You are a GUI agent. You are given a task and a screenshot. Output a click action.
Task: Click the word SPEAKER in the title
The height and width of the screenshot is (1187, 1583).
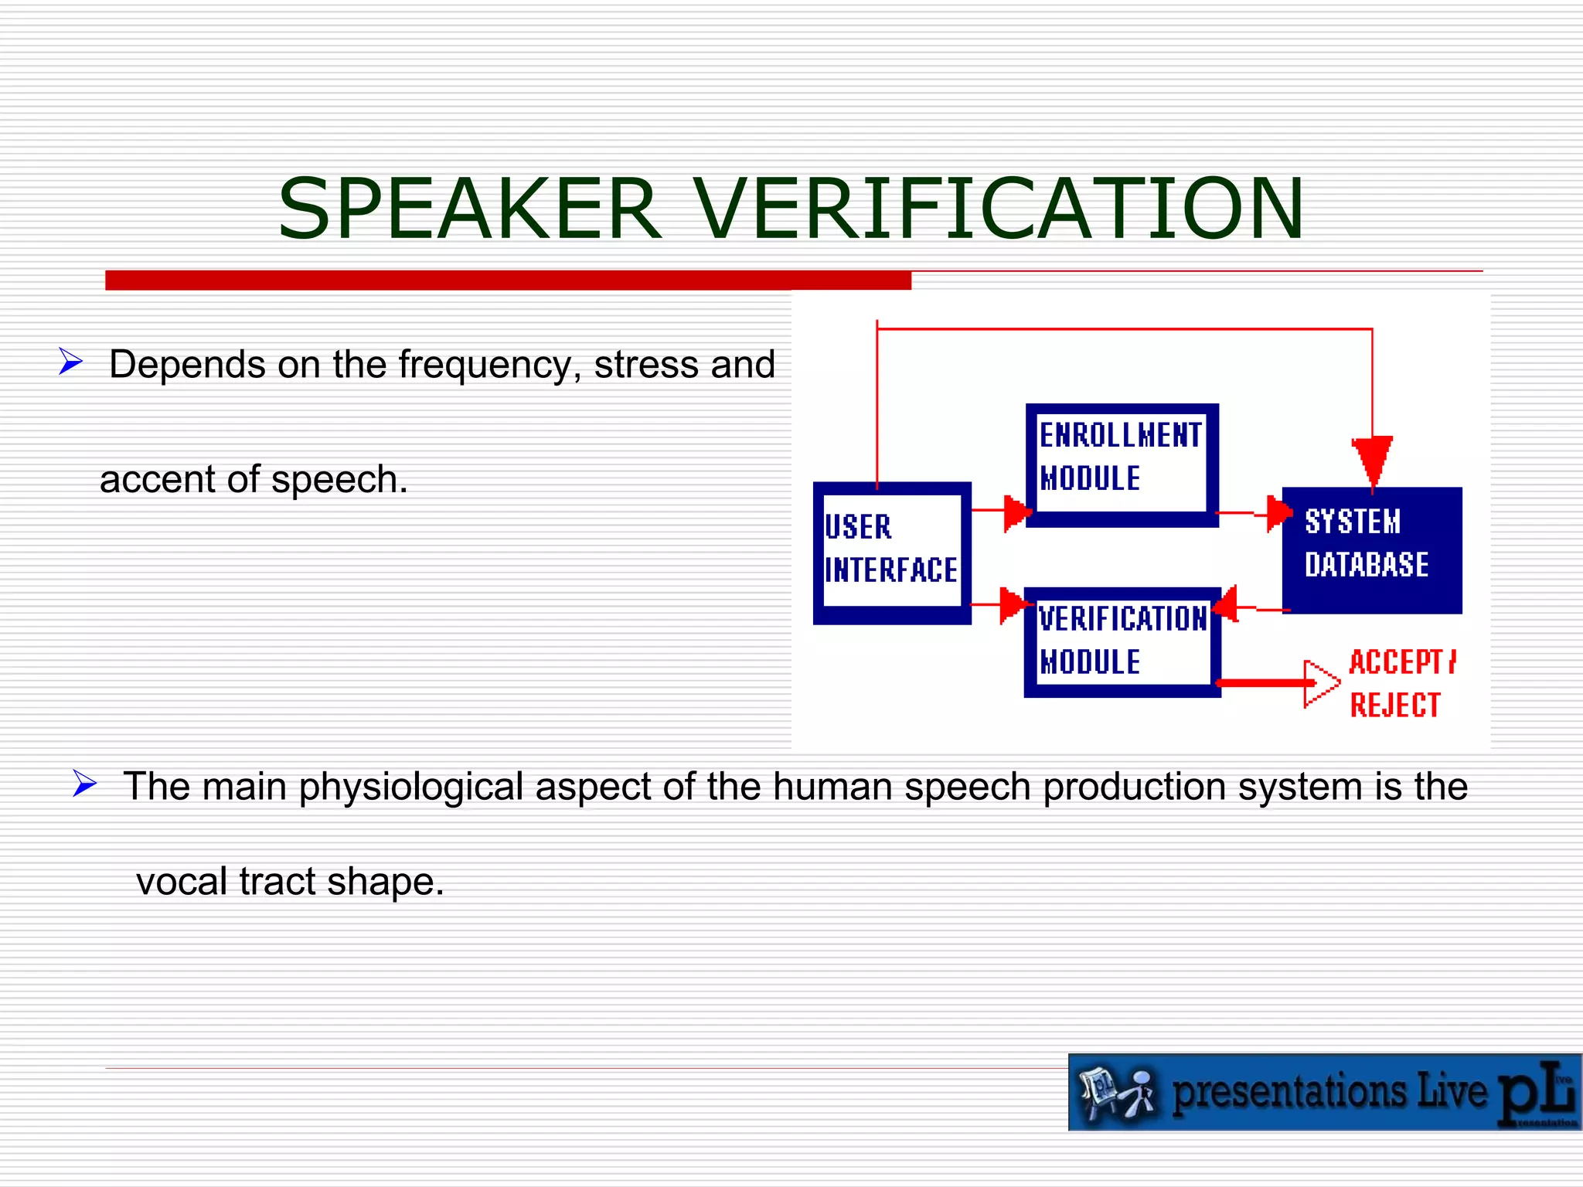click(469, 209)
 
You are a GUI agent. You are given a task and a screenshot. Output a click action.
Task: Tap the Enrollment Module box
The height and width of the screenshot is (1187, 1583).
click(1121, 464)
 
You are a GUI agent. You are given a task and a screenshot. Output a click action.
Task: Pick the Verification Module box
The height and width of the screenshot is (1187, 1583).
click(1122, 641)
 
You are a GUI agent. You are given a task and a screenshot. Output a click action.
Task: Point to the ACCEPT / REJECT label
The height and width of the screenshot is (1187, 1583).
click(1401, 683)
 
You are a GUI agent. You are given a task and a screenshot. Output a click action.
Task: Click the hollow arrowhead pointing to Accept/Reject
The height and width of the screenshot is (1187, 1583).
click(1320, 683)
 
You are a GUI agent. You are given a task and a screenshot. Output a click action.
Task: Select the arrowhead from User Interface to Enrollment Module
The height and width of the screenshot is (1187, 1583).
click(1016, 512)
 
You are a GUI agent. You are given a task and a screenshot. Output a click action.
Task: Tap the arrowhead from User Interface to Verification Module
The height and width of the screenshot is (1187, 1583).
click(1013, 604)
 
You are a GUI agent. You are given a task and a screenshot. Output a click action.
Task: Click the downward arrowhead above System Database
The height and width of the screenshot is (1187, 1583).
click(1372, 461)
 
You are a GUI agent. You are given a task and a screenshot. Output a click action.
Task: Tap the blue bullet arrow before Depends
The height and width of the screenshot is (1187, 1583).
click(70, 361)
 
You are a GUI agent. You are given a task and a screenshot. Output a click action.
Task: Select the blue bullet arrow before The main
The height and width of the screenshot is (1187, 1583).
click(84, 783)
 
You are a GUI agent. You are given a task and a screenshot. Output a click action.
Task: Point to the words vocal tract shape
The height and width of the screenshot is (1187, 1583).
click(290, 882)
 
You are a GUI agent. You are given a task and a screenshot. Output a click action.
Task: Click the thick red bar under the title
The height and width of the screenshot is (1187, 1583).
click(508, 280)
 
